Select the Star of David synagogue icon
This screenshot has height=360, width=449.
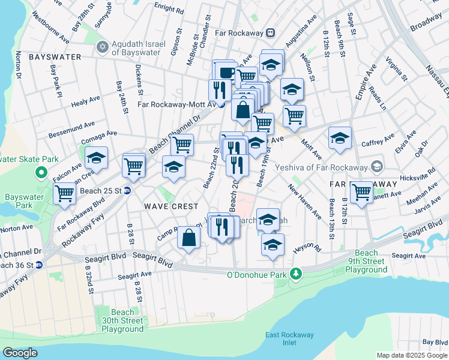click(x=102, y=46)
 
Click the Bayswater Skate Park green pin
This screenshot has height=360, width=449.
click(x=41, y=173)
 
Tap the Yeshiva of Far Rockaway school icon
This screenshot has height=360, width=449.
click(x=376, y=166)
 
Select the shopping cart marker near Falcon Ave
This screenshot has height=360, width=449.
click(x=64, y=193)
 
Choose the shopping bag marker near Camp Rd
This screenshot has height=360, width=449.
click(x=189, y=237)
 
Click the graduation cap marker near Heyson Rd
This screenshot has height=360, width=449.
click(x=273, y=245)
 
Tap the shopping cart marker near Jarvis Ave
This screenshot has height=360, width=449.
click(x=361, y=192)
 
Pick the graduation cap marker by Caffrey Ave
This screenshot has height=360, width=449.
click(x=340, y=138)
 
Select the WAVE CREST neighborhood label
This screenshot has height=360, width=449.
click(x=171, y=206)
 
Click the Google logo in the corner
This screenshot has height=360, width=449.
click(x=20, y=352)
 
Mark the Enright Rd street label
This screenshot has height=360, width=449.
click(x=169, y=10)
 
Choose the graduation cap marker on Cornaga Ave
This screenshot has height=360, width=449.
click(x=96, y=158)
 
